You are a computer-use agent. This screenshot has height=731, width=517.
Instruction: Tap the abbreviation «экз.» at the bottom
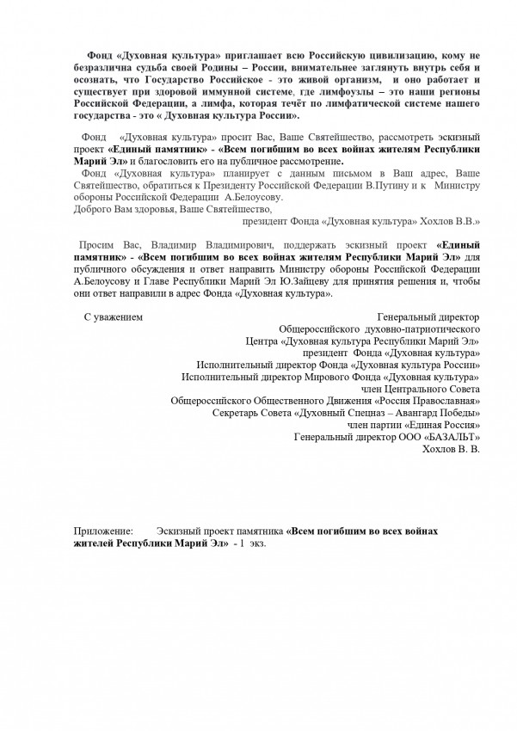click(255, 544)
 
